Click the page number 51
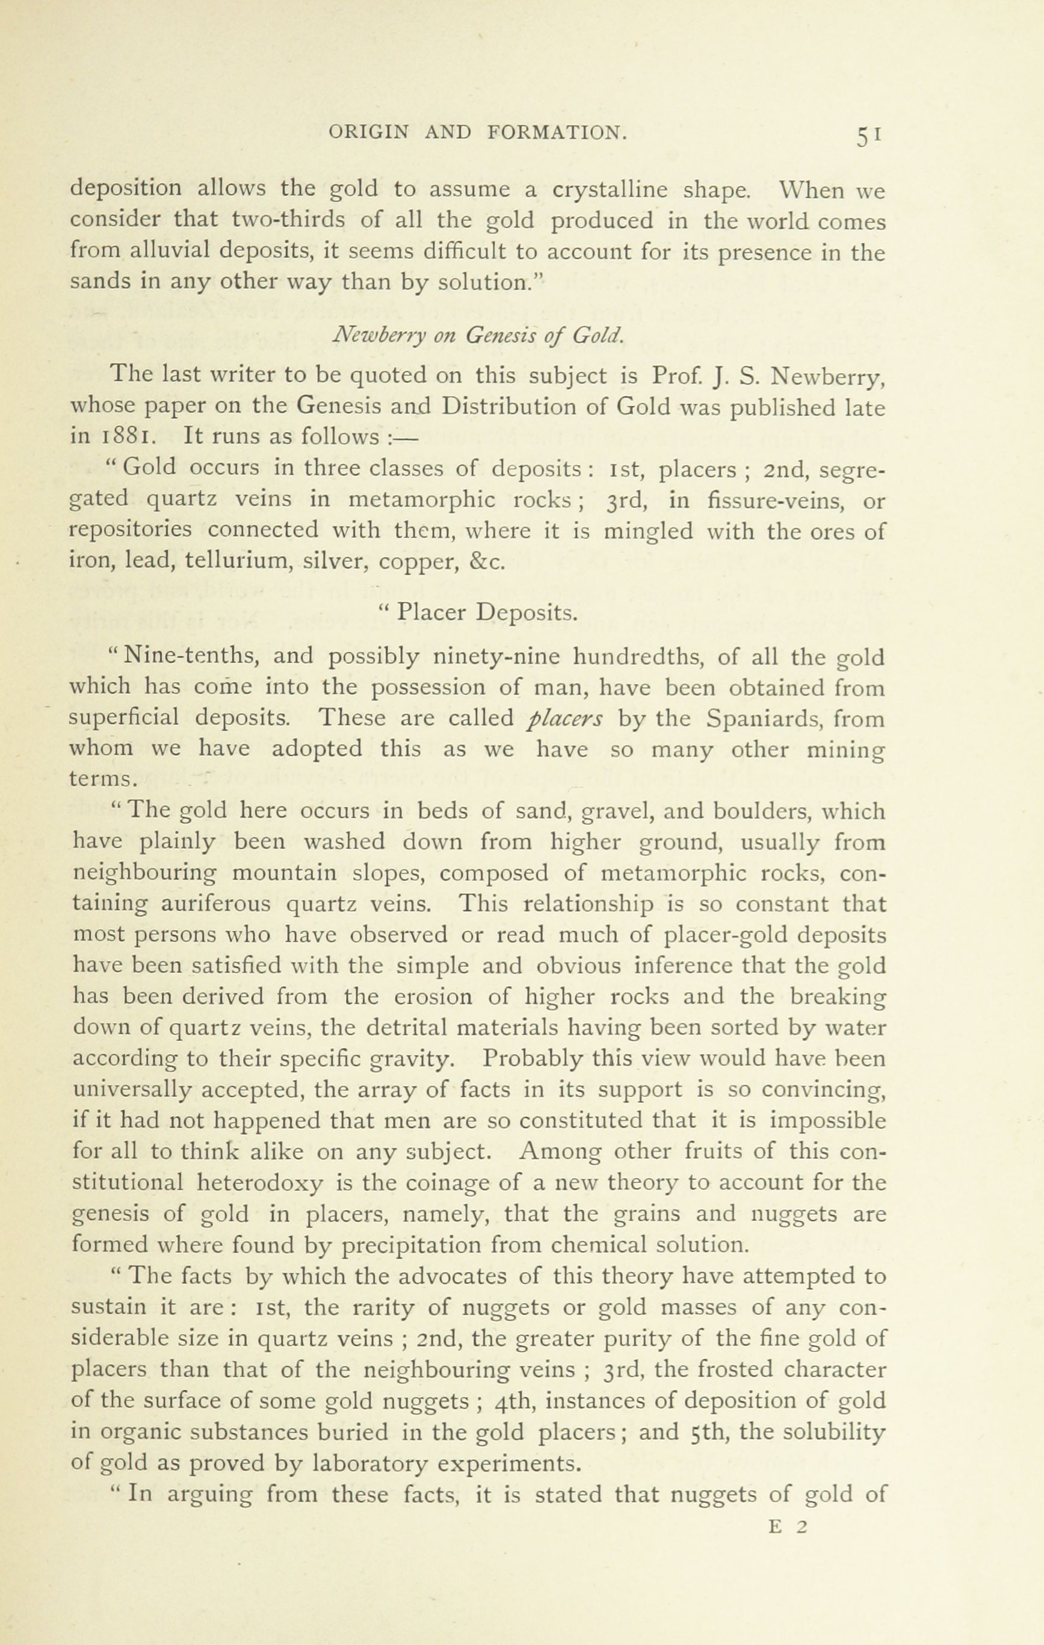click(x=868, y=135)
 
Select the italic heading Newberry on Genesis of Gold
click(x=478, y=335)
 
